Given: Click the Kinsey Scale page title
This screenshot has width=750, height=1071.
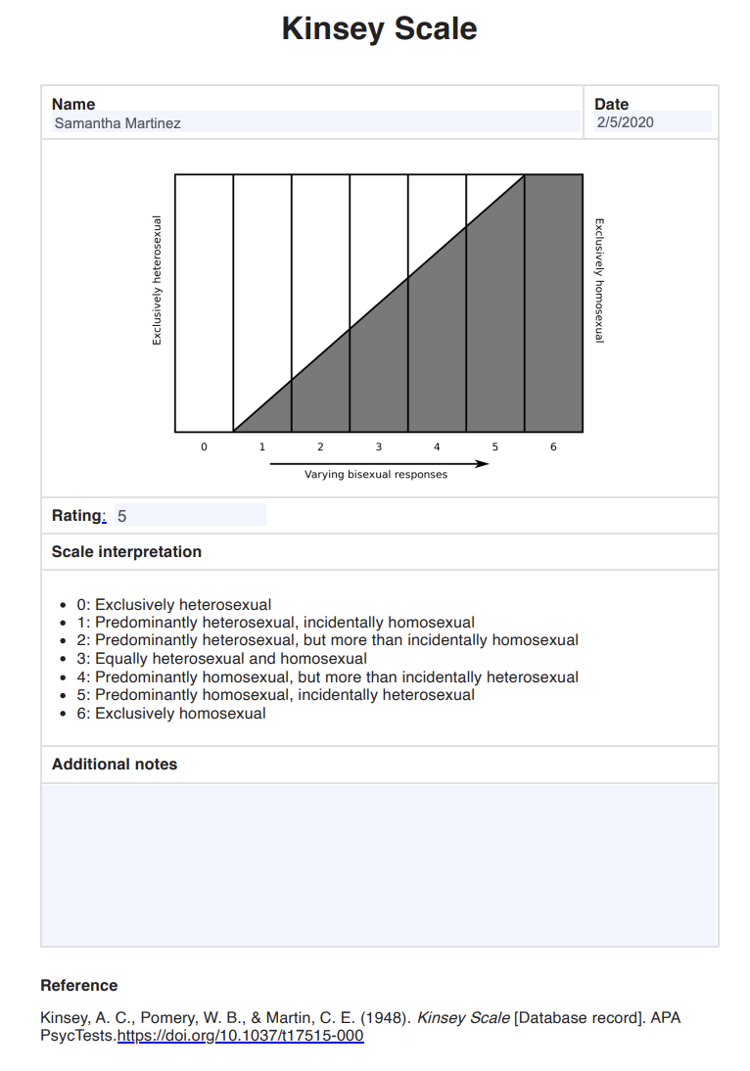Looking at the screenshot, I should point(379,29).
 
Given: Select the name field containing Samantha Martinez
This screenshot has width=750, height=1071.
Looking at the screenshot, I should point(315,123).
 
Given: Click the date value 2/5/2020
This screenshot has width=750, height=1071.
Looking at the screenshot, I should point(652,122).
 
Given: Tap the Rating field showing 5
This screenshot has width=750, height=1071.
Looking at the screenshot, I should point(190,516).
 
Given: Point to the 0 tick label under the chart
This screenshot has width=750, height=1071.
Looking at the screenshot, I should point(204,447).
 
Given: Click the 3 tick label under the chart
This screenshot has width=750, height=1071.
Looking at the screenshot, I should point(379,447).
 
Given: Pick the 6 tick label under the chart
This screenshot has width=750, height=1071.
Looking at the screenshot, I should point(553,447).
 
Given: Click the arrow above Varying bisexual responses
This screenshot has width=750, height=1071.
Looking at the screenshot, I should point(378,464).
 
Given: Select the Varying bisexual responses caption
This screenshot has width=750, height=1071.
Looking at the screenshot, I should point(376,475).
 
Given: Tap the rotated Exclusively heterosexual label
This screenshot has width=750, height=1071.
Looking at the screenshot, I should point(157,280).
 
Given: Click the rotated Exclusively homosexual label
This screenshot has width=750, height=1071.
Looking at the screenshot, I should point(599,280).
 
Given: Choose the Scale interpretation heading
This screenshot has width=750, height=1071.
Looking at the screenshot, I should point(126,552).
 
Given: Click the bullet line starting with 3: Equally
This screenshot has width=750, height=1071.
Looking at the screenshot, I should point(231,659).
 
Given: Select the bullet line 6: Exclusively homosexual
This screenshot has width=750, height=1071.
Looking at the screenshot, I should point(180,714).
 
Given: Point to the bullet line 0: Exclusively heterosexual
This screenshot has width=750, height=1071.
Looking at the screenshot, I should point(183,605).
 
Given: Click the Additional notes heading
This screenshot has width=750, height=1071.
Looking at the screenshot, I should point(115,765).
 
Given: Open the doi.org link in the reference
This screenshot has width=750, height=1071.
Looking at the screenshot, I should point(240,1036).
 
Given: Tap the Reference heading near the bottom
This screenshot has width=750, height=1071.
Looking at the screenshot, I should point(79,986).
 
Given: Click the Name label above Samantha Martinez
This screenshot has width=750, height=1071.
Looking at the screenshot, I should point(73,104).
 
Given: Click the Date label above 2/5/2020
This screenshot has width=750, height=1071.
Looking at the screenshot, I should point(612,104).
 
